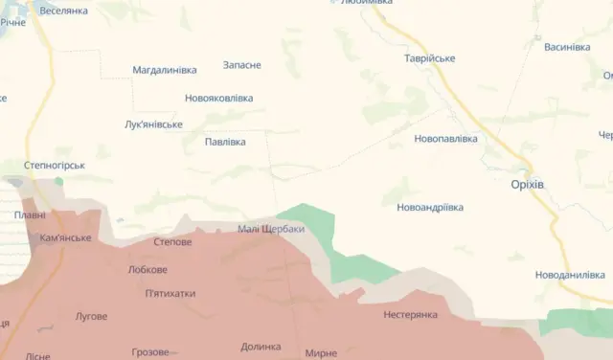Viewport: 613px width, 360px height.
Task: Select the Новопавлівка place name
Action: tap(445, 139)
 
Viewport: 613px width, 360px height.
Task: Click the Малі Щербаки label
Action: tap(271, 229)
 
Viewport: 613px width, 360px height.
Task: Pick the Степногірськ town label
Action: tap(55, 165)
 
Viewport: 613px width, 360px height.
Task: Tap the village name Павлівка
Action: tap(225, 142)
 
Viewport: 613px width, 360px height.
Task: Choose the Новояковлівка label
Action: tap(218, 98)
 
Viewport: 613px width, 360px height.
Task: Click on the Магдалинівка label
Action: tap(165, 71)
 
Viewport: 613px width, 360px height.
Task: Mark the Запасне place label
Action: tap(241, 65)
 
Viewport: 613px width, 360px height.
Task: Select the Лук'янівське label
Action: tap(153, 124)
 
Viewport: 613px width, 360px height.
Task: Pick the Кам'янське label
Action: tap(66, 237)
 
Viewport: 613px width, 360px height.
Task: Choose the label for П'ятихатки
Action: tap(170, 293)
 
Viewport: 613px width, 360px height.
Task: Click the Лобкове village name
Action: tap(148, 270)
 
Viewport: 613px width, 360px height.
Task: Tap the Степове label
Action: tap(172, 242)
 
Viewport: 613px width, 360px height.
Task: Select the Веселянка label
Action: tap(64, 11)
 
